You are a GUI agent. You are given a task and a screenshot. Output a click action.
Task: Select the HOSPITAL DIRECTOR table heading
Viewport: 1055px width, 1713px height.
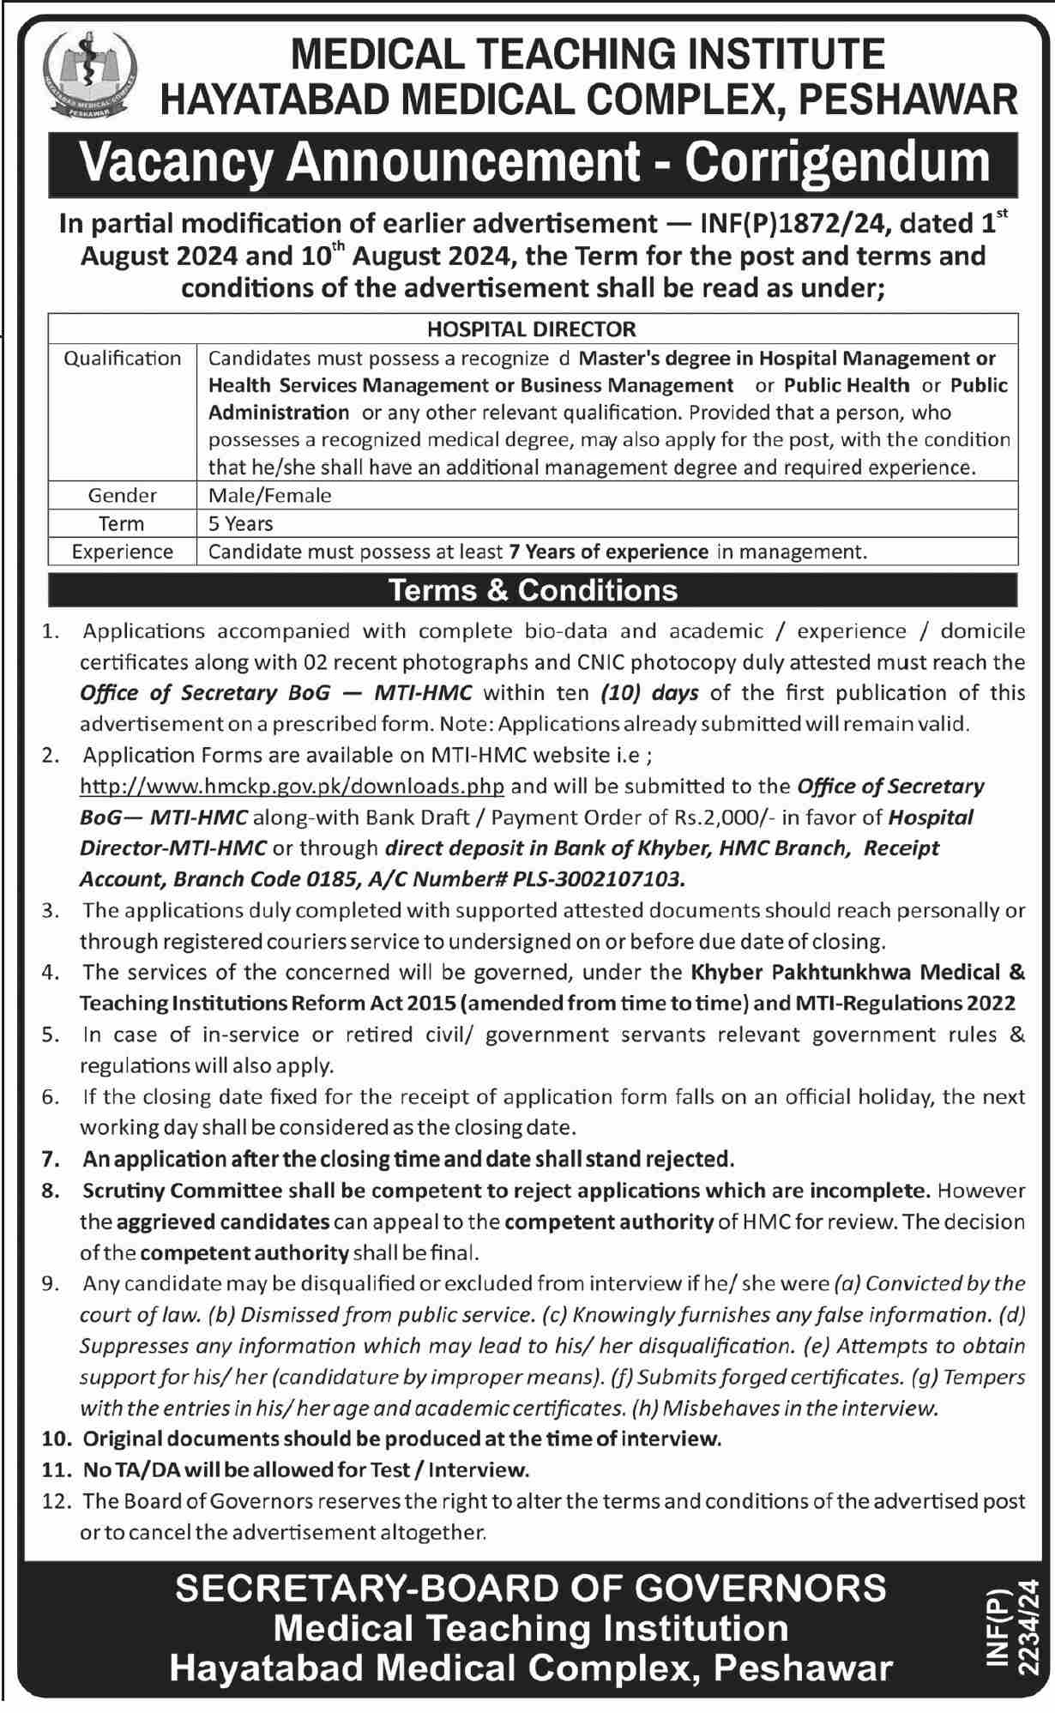pyautogui.click(x=532, y=329)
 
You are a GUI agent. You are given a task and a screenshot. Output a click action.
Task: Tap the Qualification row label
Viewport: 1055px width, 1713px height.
pyautogui.click(x=123, y=359)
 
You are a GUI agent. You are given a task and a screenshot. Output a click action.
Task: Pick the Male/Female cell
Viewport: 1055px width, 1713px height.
pyautogui.click(x=269, y=495)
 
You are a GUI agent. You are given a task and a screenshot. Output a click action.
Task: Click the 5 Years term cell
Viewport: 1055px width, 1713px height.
pyautogui.click(x=240, y=523)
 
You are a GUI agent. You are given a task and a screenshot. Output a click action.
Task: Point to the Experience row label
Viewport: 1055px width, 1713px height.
pyautogui.click(x=123, y=552)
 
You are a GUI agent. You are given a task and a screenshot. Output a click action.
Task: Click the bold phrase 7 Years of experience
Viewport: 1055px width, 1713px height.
pyautogui.click(x=608, y=552)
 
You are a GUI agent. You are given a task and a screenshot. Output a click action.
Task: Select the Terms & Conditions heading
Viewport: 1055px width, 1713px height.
pyautogui.click(x=533, y=590)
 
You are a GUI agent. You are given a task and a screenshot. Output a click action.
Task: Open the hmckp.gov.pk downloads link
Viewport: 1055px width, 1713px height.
pyautogui.click(x=292, y=787)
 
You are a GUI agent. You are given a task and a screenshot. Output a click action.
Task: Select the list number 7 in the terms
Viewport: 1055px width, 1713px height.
pyautogui.click(x=51, y=1160)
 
